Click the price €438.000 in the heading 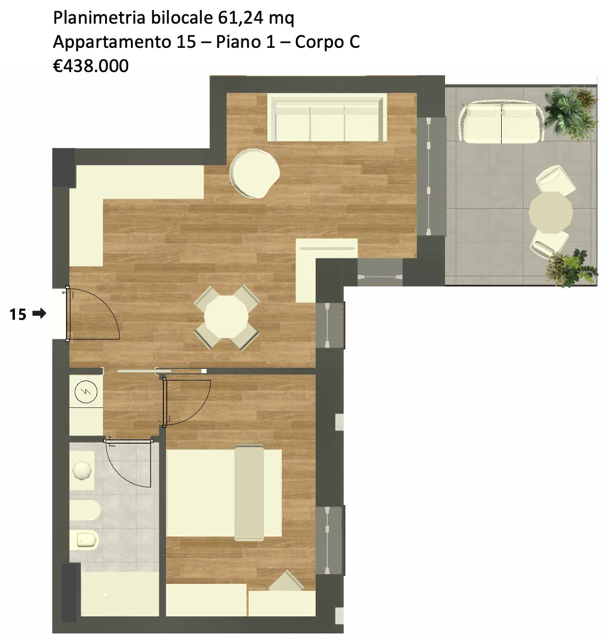coord(91,66)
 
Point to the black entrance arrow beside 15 coord(39,313)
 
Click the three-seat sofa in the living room coord(327,118)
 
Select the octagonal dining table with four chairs coord(227,317)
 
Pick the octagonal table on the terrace coord(551,212)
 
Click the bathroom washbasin coord(83,470)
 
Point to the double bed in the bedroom coord(224,493)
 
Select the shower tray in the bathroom coord(120,594)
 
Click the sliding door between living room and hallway coord(161,371)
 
